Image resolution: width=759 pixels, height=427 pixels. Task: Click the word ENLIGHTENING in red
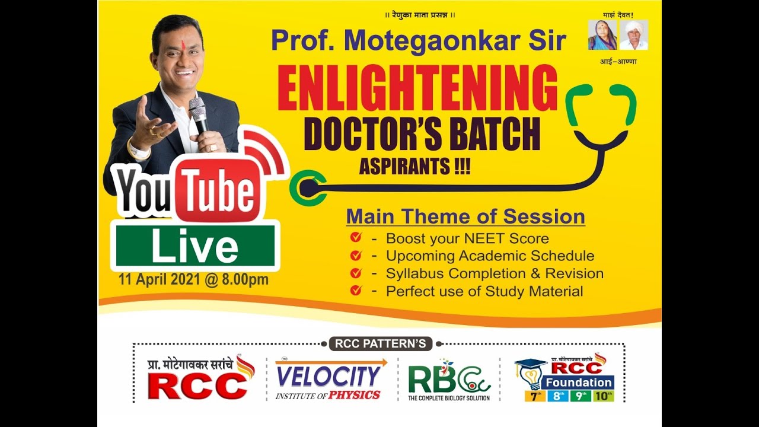click(x=417, y=89)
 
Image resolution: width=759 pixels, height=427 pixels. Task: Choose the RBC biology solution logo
click(x=449, y=380)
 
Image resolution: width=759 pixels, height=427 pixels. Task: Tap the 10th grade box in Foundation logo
click(x=603, y=396)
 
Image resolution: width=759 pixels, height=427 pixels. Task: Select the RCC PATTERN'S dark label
click(x=381, y=343)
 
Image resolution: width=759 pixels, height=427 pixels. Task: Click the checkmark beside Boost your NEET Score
click(x=356, y=238)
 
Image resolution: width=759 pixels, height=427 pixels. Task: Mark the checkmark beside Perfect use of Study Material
click(x=356, y=291)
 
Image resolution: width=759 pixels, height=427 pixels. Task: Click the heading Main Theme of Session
click(x=465, y=216)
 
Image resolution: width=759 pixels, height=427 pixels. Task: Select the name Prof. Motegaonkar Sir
click(x=419, y=40)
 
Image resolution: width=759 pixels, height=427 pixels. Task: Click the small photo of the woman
click(x=602, y=35)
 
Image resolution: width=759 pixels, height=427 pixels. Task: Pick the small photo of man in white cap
click(x=634, y=35)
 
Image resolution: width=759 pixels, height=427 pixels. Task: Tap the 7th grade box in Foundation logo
click(x=535, y=396)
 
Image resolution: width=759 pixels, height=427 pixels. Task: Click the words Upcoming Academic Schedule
click(x=490, y=256)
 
